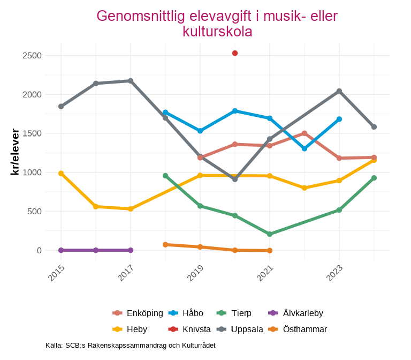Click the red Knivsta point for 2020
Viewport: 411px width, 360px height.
(x=235, y=53)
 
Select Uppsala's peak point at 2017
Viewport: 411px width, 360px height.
(x=131, y=81)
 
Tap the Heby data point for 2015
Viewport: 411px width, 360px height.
(x=61, y=174)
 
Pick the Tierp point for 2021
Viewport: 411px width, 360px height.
(x=270, y=234)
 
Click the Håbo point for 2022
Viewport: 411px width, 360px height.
(x=305, y=148)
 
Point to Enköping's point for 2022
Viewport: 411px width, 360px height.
(x=305, y=133)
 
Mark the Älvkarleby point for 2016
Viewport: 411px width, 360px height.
(x=96, y=250)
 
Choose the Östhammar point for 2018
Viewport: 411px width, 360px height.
(x=165, y=244)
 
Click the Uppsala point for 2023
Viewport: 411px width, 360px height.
(x=339, y=91)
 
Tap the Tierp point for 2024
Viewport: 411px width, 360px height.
(x=374, y=178)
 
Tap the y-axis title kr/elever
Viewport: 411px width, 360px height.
(x=15, y=153)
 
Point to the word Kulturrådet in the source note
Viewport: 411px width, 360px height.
(x=195, y=346)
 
